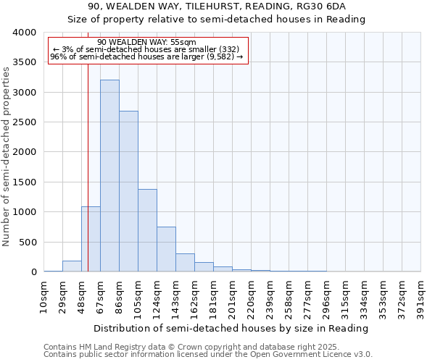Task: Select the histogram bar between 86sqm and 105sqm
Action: coord(128,191)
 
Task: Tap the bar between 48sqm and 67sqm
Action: coord(91,239)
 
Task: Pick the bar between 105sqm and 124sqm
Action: coord(147,230)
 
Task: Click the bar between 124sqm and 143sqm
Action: coord(166,249)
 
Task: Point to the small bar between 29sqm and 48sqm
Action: coord(72,266)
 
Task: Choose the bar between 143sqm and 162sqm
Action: coord(185,263)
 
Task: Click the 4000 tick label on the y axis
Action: coord(24,33)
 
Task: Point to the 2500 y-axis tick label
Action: coord(24,122)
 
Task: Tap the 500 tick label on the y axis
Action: coord(28,242)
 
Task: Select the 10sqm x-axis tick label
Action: coord(44,296)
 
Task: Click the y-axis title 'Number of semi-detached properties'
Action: coord(7,156)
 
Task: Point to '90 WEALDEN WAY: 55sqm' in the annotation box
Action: coord(146,43)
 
